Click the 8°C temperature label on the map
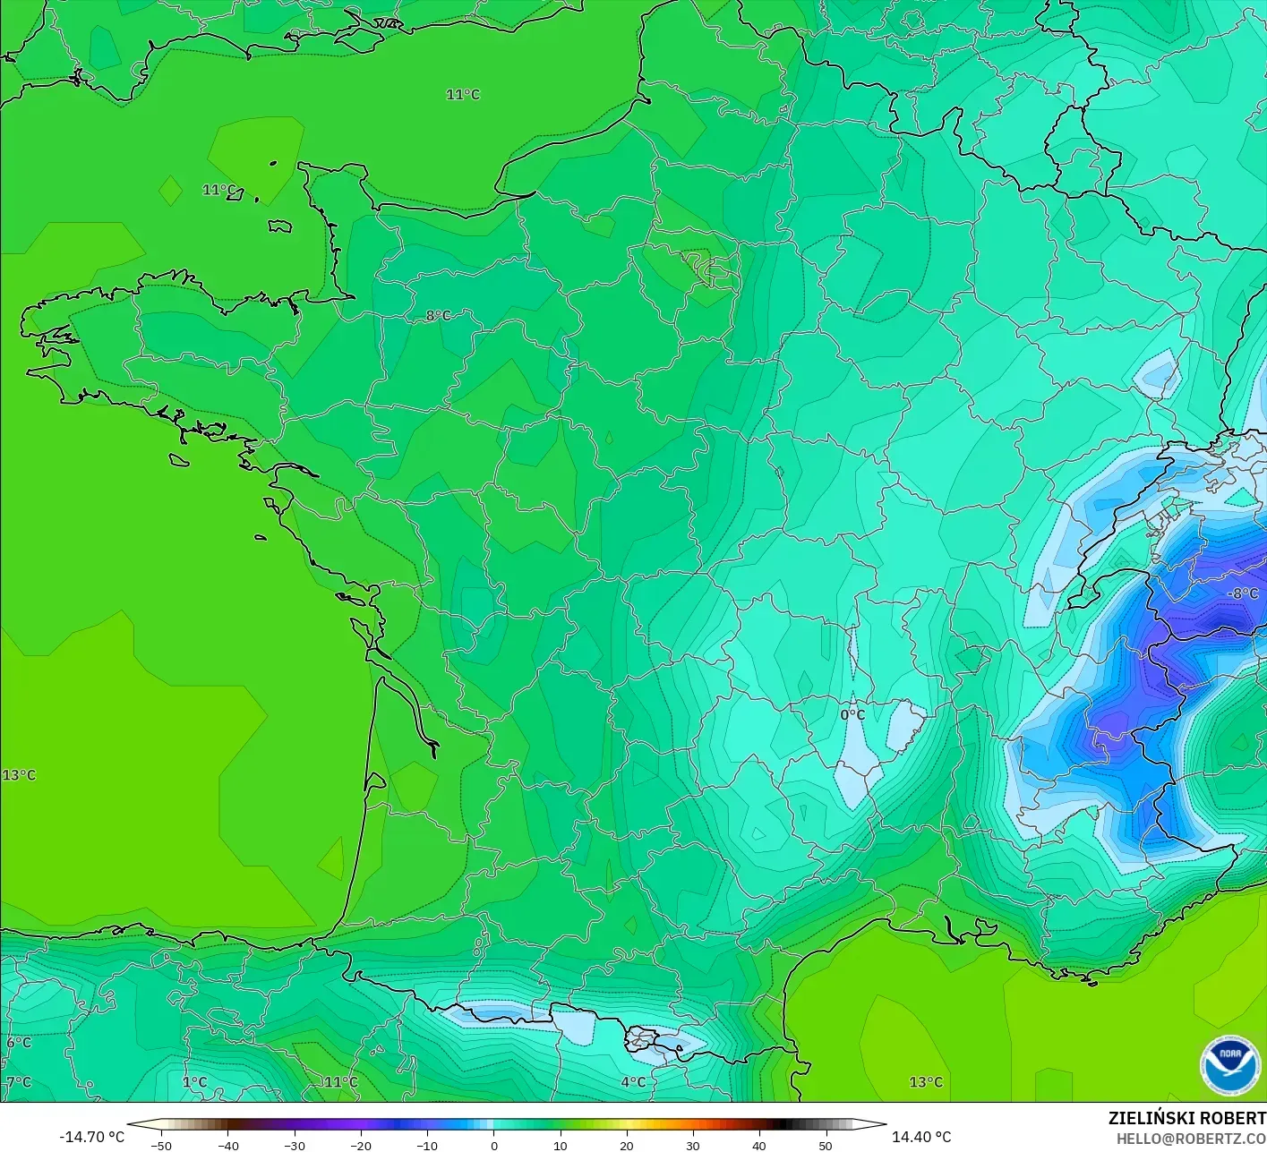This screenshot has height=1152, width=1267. tap(438, 316)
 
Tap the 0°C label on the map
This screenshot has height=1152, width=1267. tap(852, 714)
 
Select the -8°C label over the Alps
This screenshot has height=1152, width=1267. tap(1242, 593)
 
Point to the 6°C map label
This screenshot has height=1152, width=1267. tap(19, 1043)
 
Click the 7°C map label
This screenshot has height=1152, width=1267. tap(19, 1082)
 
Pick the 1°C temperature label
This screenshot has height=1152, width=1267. tap(194, 1082)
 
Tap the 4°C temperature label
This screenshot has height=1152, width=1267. tap(633, 1082)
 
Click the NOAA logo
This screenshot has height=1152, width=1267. tap(1230, 1065)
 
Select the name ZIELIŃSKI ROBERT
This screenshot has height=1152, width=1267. tap(1186, 1118)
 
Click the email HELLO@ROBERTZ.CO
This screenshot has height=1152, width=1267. tap(1191, 1139)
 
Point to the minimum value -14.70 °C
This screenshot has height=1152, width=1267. tap(92, 1137)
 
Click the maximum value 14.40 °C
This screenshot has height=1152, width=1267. tap(921, 1137)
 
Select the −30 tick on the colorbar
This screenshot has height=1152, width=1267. tap(294, 1146)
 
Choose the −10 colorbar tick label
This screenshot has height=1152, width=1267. tap(426, 1146)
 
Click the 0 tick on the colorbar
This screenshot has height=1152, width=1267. tap(493, 1146)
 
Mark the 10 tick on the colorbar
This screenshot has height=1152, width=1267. tap(560, 1146)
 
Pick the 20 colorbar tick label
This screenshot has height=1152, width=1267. tap(626, 1146)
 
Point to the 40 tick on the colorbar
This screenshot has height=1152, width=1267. tap(758, 1146)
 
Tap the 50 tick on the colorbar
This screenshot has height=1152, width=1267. tap(825, 1146)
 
